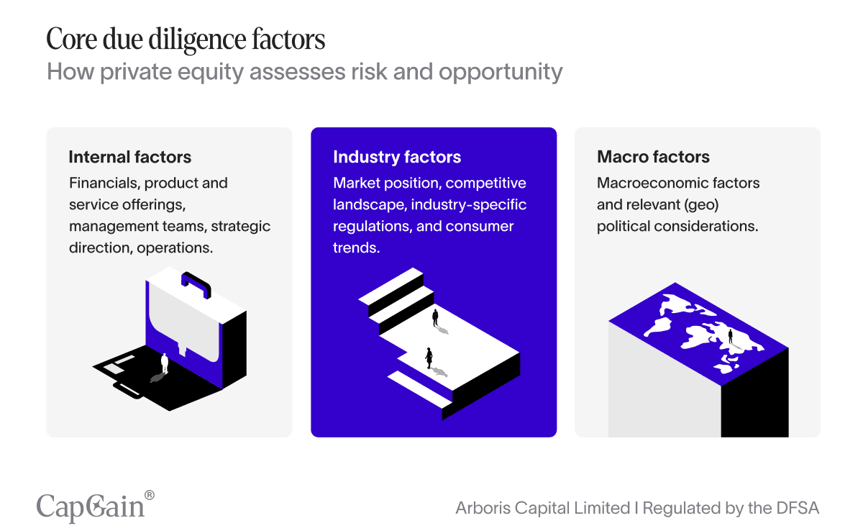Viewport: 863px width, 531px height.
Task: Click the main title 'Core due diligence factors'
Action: (186, 40)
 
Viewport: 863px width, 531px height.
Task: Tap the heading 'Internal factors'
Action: (130, 157)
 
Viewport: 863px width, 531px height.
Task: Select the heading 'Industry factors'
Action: (397, 157)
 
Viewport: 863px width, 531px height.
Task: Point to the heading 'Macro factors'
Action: (653, 157)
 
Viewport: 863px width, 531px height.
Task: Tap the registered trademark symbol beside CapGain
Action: (150, 495)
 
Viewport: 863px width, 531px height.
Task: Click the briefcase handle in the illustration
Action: (196, 283)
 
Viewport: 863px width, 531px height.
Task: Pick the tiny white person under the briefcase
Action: (165, 363)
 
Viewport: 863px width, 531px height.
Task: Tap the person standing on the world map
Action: (730, 336)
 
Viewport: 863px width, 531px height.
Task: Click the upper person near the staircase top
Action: (435, 317)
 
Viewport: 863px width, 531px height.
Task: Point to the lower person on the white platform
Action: (429, 358)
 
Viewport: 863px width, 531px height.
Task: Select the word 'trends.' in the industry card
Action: (356, 248)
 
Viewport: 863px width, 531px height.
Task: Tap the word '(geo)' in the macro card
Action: (701, 204)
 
